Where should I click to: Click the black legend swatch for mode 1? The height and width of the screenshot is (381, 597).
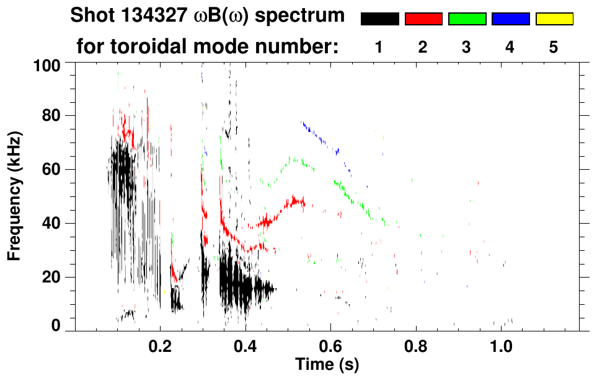[x=379, y=19]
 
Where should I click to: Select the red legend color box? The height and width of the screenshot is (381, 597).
[x=423, y=19]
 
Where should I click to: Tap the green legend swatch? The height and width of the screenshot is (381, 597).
[x=467, y=19]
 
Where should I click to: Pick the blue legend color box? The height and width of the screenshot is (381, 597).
[x=510, y=19]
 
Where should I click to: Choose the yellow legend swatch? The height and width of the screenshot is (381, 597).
[x=554, y=19]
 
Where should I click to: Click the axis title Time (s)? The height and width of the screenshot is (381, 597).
[x=326, y=364]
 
